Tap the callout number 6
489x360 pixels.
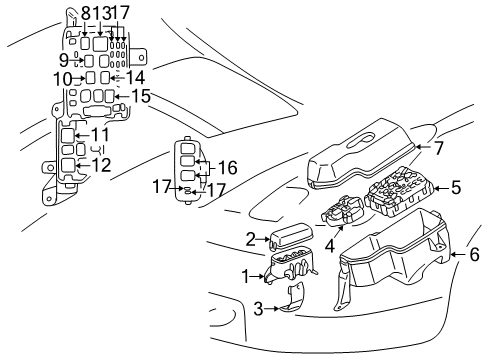coord(474,256)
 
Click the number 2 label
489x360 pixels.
coord(250,239)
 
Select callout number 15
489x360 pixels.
coord(142,98)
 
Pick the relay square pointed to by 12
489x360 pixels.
coord(66,166)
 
